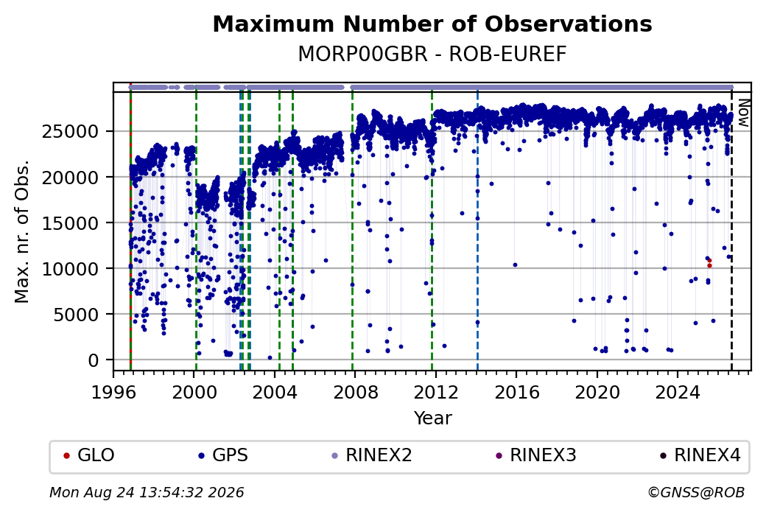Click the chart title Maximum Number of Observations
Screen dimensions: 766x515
[432, 24]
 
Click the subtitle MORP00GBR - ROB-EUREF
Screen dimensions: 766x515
[432, 55]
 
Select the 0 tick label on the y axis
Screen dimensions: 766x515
[94, 360]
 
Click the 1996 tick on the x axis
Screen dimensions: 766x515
[113, 392]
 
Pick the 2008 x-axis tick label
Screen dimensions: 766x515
[355, 392]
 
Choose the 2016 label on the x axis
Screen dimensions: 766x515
[517, 392]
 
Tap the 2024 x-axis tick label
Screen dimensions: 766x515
[678, 392]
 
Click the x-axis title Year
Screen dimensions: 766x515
[433, 418]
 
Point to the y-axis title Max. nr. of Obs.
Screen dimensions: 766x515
[22, 231]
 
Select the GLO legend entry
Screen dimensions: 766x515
[89, 455]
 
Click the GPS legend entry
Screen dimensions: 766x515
[223, 455]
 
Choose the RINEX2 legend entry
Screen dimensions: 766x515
[372, 455]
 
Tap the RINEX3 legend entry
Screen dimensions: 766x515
[536, 455]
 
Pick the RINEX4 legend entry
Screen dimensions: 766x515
[700, 455]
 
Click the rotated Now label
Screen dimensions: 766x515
[743, 113]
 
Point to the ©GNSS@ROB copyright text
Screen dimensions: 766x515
[696, 492]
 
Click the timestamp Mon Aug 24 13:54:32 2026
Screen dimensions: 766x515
[147, 492]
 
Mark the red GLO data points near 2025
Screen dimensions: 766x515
[709, 263]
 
